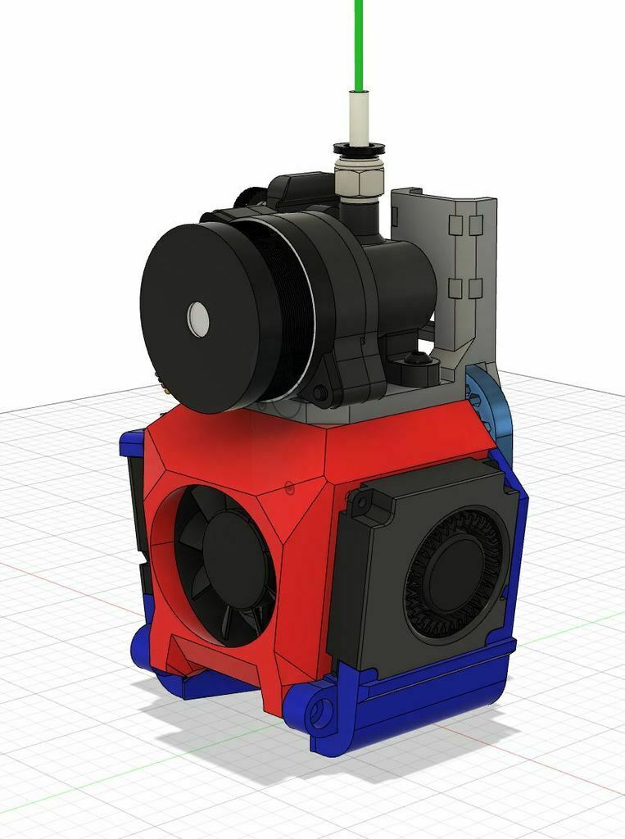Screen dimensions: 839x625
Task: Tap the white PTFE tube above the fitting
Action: [x=359, y=119]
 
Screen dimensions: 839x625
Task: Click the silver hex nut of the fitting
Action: [x=357, y=184]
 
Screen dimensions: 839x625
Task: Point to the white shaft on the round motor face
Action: [x=198, y=318]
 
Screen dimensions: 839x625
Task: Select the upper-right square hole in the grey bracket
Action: [x=475, y=224]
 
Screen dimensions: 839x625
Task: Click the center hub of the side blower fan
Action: [x=455, y=574]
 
